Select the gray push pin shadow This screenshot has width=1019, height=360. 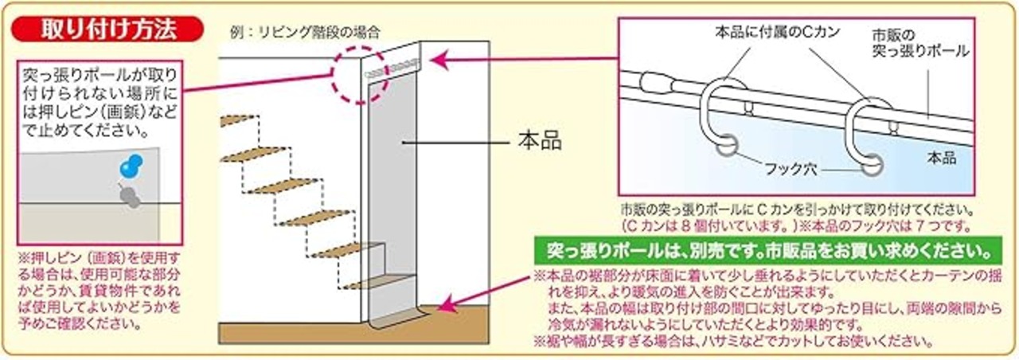129,197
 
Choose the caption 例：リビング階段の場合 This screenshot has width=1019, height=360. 302,33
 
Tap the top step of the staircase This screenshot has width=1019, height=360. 238,120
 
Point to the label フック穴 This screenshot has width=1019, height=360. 797,170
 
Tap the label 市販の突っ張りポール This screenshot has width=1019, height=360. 916,44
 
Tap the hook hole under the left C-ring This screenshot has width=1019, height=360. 727,147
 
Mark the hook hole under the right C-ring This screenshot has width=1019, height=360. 870,165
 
